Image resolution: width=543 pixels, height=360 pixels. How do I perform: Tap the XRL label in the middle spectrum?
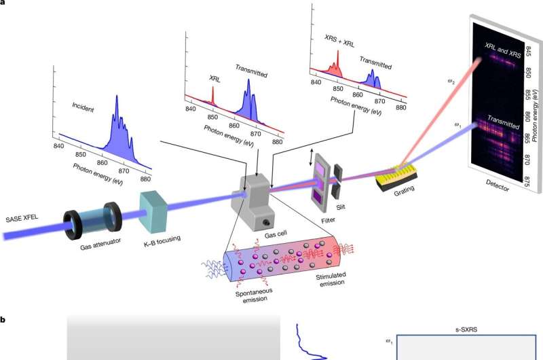tap(214, 78)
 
